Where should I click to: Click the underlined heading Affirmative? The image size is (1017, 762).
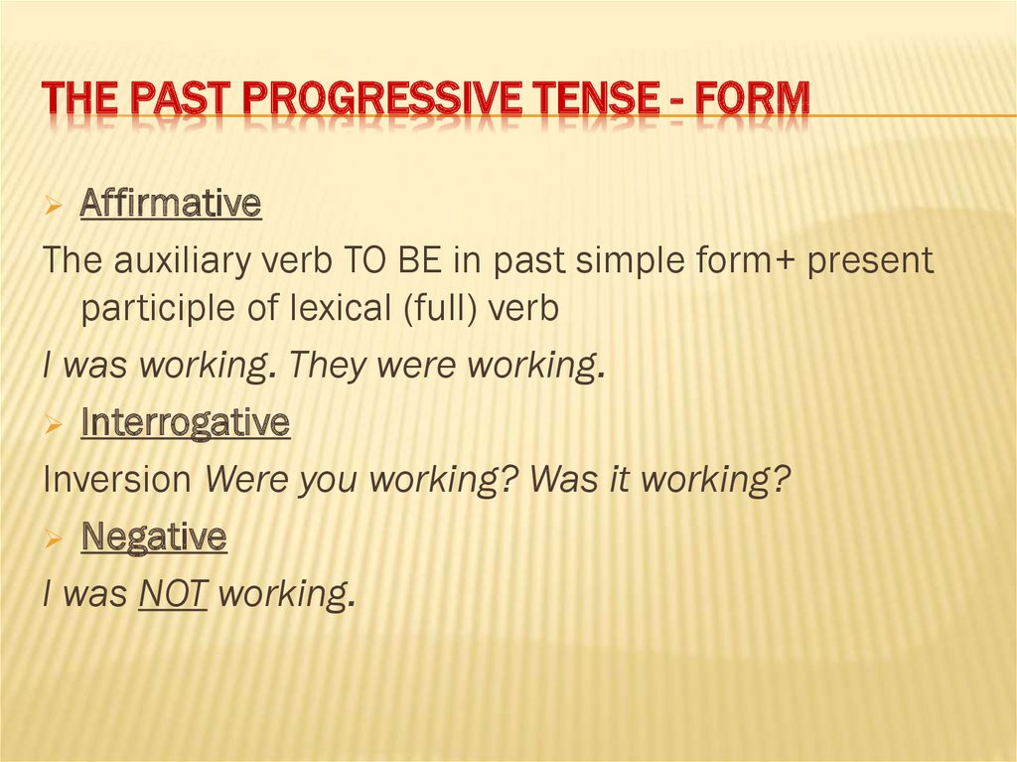coord(170,205)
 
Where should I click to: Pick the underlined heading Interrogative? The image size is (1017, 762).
coord(185,424)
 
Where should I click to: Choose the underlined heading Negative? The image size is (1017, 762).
coord(153,538)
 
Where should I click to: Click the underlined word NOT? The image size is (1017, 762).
coord(173,594)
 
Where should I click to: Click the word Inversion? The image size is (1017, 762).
coord(117,480)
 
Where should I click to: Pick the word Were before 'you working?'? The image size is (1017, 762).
coord(243,480)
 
